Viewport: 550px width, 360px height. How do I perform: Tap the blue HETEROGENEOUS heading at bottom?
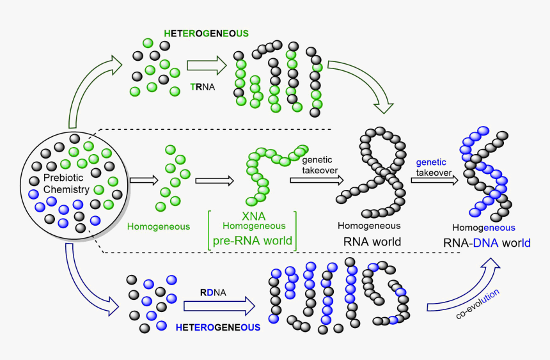217,327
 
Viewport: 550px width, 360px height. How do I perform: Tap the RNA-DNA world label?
487,243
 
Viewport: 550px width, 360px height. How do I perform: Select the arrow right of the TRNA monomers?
207,65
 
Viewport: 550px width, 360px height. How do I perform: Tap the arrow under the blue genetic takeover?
435,181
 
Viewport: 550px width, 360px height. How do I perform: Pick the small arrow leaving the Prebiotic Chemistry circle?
143,181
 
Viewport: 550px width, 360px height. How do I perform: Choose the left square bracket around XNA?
210,229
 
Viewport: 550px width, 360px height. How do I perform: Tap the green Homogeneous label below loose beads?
159,226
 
